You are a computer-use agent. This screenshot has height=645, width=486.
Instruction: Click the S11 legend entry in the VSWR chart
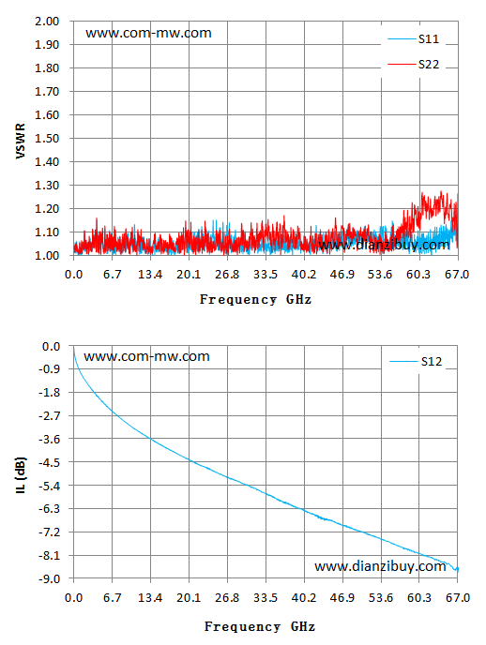pyautogui.click(x=413, y=39)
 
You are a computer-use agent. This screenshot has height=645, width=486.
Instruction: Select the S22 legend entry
pyautogui.click(x=413, y=65)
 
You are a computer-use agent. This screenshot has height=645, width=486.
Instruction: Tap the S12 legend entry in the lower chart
pyautogui.click(x=416, y=362)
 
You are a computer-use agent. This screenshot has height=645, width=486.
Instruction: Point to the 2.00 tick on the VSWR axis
pyautogui.click(x=47, y=21)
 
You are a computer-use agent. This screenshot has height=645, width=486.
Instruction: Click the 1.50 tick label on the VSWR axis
pyautogui.click(x=47, y=138)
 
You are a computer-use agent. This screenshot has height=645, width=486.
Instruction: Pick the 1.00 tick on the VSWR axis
pyautogui.click(x=47, y=255)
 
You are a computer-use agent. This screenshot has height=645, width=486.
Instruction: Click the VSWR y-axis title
pyautogui.click(x=20, y=141)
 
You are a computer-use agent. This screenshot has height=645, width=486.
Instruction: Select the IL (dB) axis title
pyautogui.click(x=21, y=475)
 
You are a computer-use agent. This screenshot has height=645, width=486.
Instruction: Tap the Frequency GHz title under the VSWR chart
pyautogui.click(x=255, y=299)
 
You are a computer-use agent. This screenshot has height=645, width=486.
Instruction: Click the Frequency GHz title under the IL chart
pyautogui.click(x=260, y=626)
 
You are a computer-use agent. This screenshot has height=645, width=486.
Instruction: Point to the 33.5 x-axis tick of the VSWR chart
pyautogui.click(x=266, y=275)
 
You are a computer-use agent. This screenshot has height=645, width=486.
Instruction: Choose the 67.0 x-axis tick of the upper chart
pyautogui.click(x=457, y=275)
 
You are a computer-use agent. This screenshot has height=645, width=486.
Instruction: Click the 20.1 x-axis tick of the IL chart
pyautogui.click(x=189, y=598)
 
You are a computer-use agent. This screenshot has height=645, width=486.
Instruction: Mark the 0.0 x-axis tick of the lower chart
pyautogui.click(x=74, y=598)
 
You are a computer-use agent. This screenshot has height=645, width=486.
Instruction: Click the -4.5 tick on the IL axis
pyautogui.click(x=49, y=463)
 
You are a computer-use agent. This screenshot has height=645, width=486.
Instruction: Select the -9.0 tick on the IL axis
pyautogui.click(x=49, y=578)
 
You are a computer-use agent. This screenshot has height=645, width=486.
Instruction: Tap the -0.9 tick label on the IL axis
pyautogui.click(x=49, y=369)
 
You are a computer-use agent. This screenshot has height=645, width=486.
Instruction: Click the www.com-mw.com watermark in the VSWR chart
pyautogui.click(x=148, y=33)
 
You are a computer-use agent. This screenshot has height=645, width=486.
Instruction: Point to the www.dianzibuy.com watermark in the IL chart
pyautogui.click(x=380, y=566)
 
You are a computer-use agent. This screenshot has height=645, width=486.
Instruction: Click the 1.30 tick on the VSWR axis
pyautogui.click(x=47, y=185)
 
